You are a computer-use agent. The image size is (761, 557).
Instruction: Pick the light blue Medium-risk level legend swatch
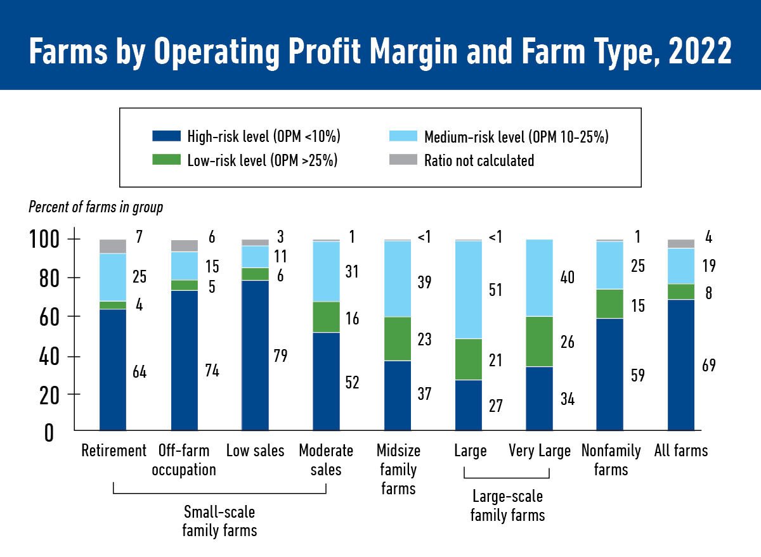pos(403,136)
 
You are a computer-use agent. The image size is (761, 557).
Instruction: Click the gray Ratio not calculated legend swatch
pos(403,160)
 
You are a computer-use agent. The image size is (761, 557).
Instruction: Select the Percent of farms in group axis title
pos(96,207)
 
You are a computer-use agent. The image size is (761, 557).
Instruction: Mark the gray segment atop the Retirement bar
pos(113,246)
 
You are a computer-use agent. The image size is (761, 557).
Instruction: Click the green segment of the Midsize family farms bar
pos(398,339)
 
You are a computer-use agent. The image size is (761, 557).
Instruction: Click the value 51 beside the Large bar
pos(495,290)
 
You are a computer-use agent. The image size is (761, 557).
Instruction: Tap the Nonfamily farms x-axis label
pos(611,460)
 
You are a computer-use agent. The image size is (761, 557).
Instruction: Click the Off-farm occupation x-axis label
pos(185,460)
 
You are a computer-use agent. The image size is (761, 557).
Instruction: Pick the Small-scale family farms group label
pos(219,520)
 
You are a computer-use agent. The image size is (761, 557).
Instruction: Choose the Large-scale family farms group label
pos(507,506)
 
